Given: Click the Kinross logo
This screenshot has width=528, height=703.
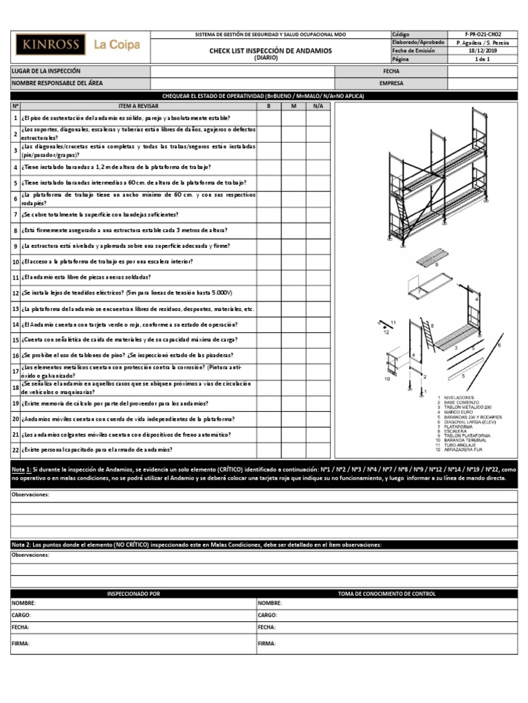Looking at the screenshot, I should [51, 45].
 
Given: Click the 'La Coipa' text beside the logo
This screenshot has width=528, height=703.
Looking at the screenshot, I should [117, 45].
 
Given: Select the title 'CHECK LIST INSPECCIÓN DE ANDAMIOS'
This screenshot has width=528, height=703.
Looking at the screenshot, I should [270, 51].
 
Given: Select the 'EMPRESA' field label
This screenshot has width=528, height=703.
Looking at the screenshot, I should [390, 84].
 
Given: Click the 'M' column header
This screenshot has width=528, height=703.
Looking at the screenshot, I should [293, 106].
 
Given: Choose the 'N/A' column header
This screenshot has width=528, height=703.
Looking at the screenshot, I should [317, 106].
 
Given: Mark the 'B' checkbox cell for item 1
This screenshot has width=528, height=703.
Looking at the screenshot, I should [269, 118].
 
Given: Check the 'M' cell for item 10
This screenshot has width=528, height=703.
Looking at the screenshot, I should [293, 262].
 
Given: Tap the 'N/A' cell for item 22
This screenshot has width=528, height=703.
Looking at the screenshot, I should [317, 450].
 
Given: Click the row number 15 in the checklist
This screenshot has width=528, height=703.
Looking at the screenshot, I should [15, 340].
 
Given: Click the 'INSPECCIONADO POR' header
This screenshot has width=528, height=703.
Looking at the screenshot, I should [133, 592].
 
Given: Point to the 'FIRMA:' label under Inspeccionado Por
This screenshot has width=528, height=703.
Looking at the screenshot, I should [20, 643].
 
